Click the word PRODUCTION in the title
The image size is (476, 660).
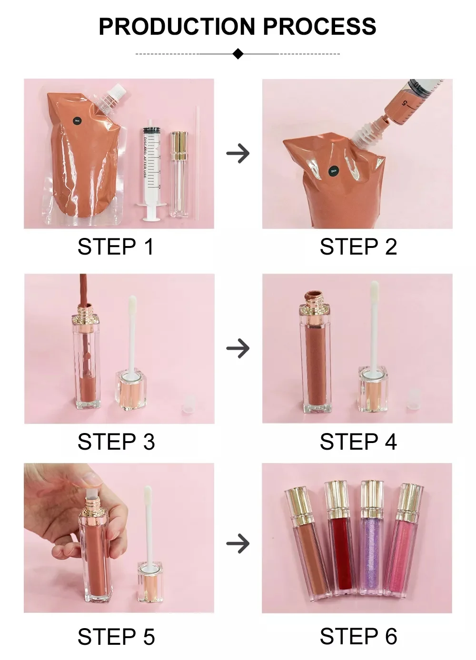click(178, 27)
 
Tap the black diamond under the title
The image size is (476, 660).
click(238, 54)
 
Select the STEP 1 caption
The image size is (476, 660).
click(116, 247)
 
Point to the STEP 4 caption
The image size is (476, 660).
click(358, 442)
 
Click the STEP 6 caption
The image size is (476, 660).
click(358, 637)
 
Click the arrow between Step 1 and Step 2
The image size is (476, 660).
click(238, 154)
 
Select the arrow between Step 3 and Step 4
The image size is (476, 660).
click(238, 348)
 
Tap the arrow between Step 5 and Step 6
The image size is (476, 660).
click(238, 543)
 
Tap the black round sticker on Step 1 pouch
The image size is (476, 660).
click(77, 121)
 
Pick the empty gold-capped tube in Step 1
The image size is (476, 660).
click(178, 174)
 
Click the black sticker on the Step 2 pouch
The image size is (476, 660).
click(334, 170)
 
